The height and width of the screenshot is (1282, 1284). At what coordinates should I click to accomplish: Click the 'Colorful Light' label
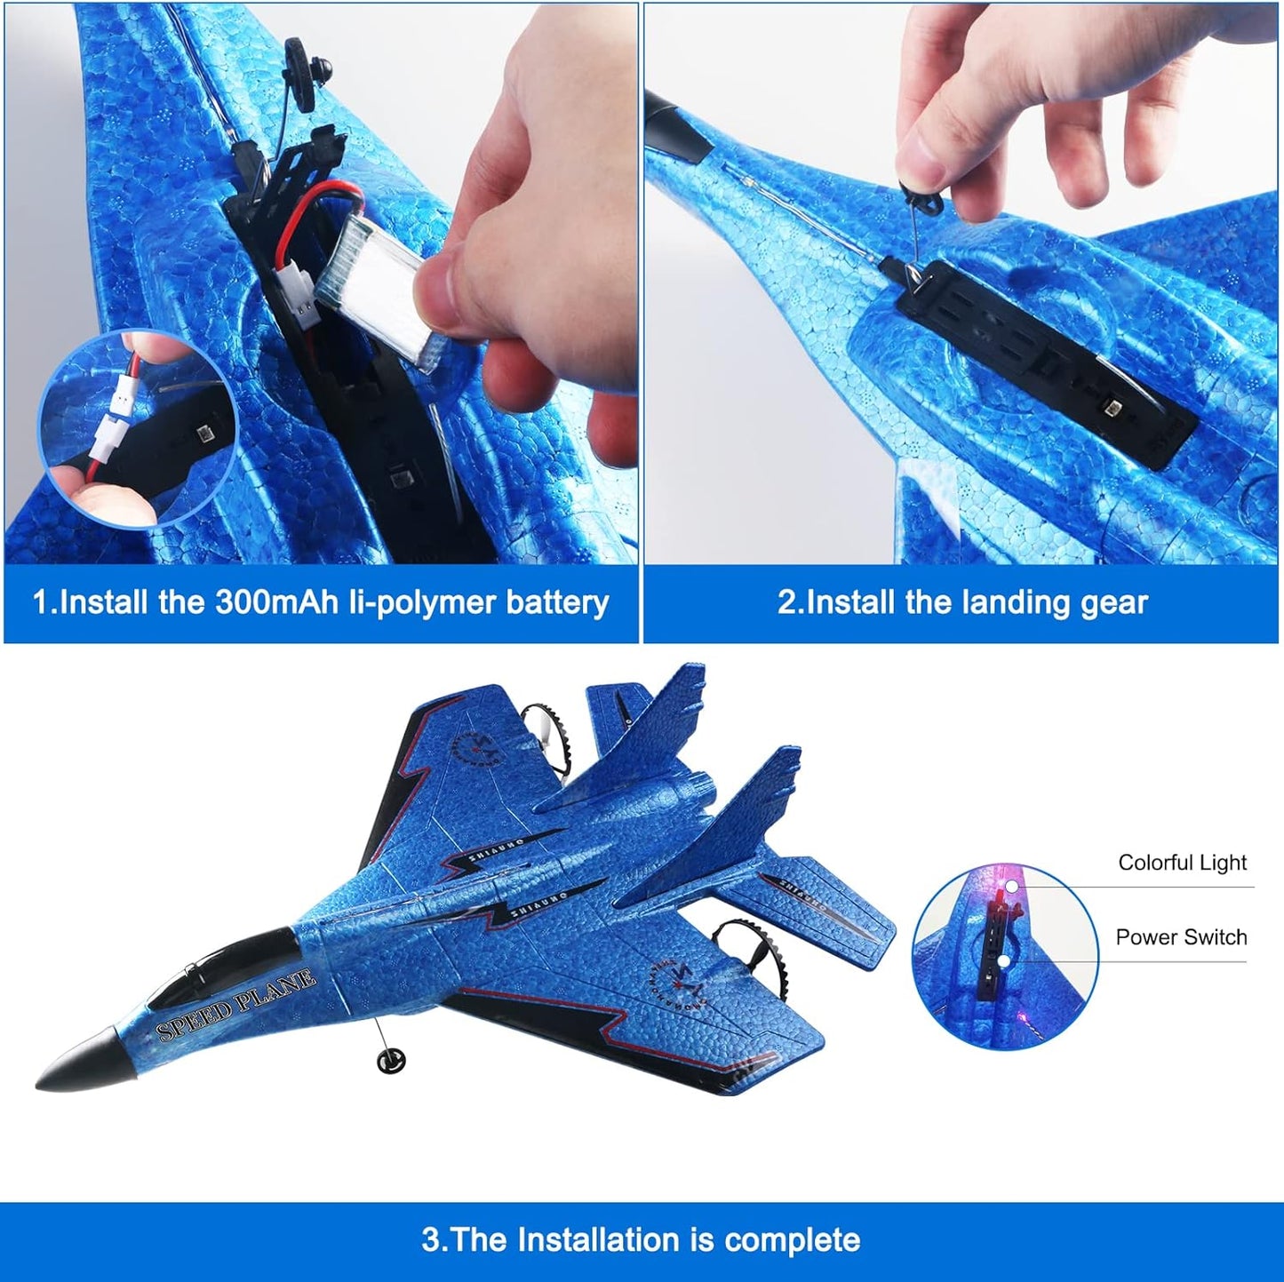pyautogui.click(x=1182, y=863)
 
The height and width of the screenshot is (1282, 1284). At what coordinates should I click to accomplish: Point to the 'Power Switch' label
pyautogui.click(x=1181, y=937)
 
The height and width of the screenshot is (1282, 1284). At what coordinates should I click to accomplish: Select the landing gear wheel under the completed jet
pyautogui.click(x=390, y=1060)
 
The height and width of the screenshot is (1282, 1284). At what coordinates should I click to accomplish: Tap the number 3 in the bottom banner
pyautogui.click(x=430, y=1239)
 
